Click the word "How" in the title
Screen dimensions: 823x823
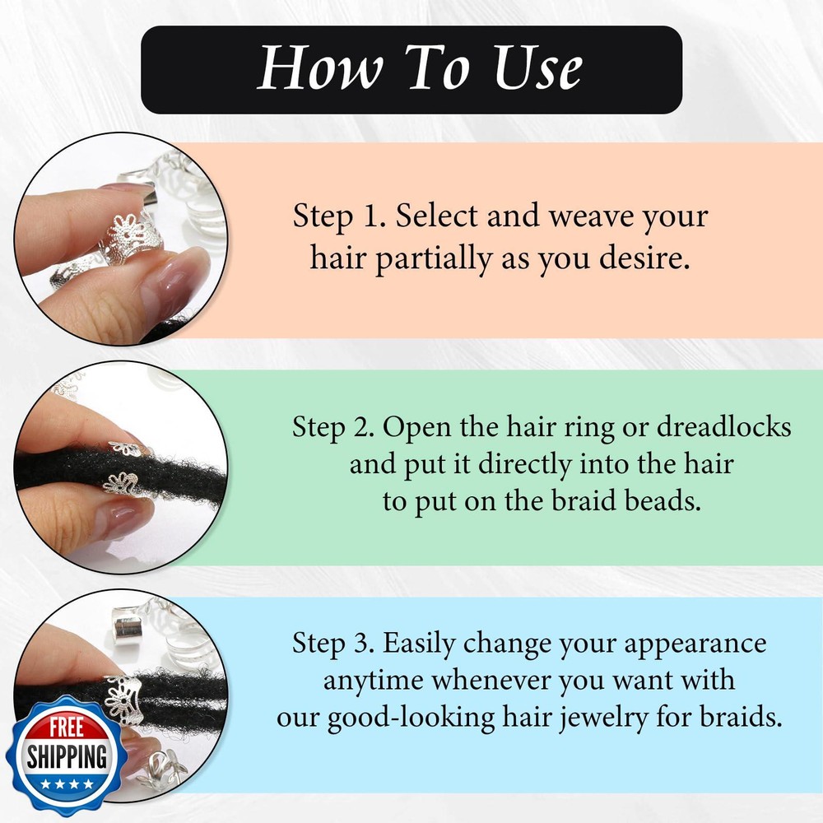[x=320, y=67]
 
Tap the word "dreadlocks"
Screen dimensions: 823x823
[x=723, y=426]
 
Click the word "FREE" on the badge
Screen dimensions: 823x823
[x=67, y=728]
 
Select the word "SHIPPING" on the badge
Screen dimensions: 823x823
[x=67, y=756]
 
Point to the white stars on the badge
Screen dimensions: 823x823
[x=67, y=783]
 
